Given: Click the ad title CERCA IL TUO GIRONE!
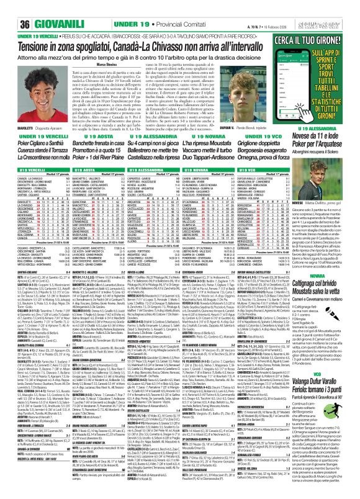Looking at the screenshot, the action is [x=325, y=33].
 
